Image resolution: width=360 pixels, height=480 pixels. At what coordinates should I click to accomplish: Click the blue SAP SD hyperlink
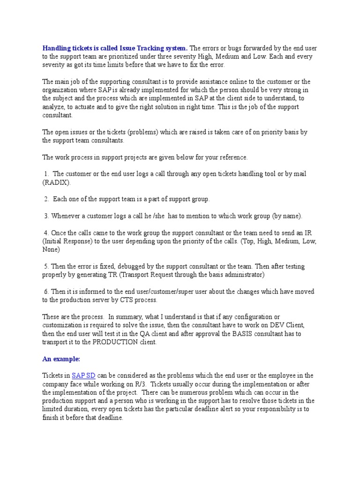84,375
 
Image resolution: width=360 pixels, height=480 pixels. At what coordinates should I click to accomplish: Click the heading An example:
61,359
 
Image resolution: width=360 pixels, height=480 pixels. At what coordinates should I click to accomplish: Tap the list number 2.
46,199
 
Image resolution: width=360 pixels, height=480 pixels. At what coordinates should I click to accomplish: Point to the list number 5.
46,266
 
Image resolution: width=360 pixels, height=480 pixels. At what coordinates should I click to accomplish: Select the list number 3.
46,216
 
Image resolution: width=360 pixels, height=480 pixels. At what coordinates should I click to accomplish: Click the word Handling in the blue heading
57,48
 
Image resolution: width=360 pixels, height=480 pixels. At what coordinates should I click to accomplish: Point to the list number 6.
46,292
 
